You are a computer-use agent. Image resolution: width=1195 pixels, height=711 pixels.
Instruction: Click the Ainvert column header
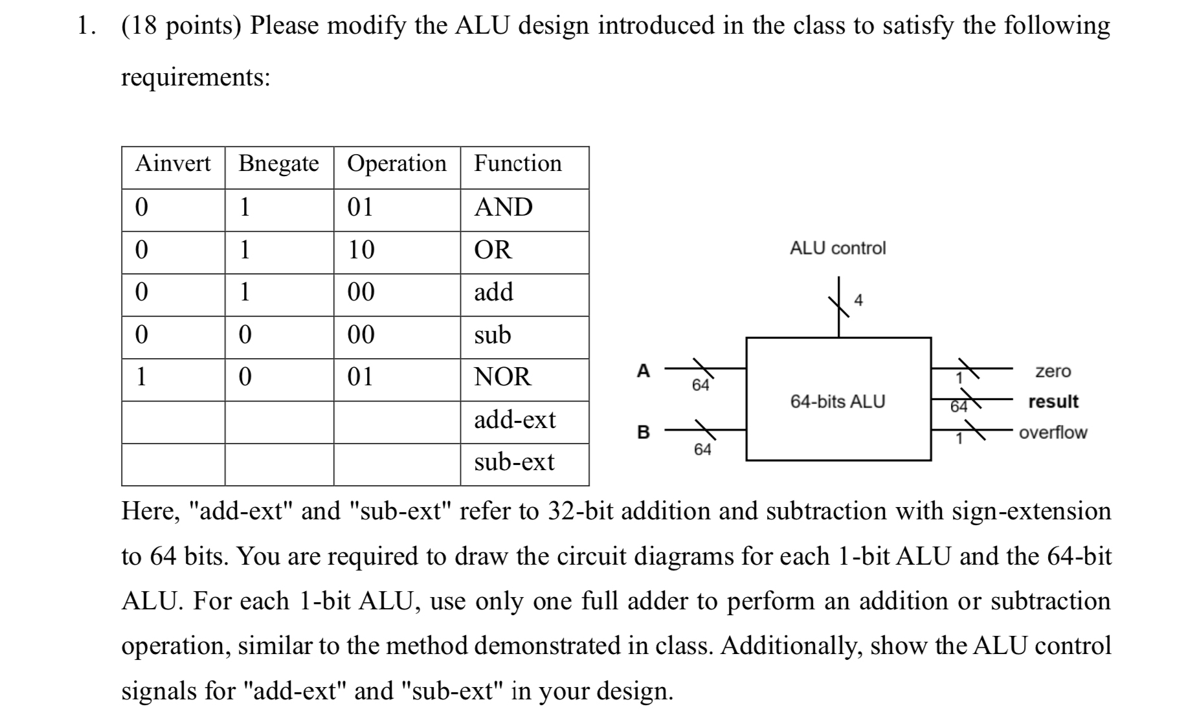173,164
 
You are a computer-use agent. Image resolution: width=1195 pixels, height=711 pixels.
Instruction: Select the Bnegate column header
278,164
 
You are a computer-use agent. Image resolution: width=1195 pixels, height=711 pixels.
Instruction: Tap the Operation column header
397,164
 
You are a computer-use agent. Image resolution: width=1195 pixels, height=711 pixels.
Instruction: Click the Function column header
518,164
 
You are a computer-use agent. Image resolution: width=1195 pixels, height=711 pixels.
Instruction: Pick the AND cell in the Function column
503,207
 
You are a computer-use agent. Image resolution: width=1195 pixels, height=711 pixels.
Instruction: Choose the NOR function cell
502,377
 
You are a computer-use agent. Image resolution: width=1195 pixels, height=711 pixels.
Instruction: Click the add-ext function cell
515,420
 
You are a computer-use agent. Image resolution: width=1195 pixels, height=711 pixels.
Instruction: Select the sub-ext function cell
514,462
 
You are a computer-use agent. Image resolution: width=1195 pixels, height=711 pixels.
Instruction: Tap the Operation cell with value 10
361,250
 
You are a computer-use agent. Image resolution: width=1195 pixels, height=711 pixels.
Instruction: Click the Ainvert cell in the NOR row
141,377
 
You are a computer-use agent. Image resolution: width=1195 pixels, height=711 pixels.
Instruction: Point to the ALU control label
838,248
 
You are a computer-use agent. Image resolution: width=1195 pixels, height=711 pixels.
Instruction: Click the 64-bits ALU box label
838,401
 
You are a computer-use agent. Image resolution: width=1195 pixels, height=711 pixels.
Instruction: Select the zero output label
1053,371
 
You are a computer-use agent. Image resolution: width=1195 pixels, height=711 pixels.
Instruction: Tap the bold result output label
1053,401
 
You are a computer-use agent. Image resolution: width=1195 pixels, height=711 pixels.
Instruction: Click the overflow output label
1053,433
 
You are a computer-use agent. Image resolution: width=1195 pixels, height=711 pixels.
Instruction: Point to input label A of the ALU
643,370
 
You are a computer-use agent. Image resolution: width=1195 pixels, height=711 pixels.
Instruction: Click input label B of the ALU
643,432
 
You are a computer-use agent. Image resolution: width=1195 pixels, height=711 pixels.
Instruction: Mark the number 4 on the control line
858,300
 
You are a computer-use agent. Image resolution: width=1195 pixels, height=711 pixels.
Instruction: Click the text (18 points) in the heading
181,26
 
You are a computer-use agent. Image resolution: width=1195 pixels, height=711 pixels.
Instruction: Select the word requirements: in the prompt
195,78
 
